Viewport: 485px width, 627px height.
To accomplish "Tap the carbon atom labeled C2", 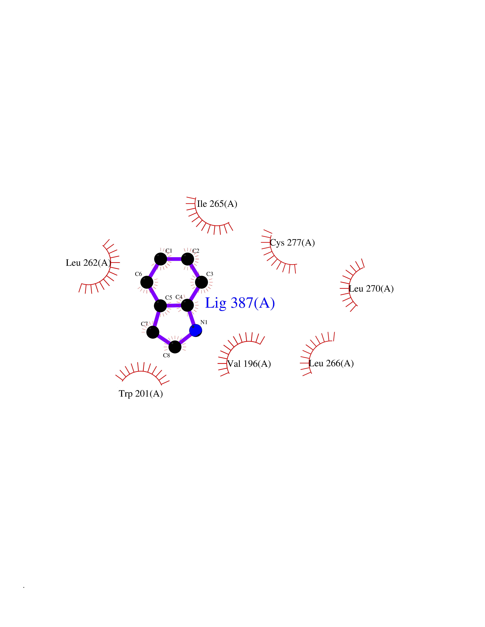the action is (x=188, y=259).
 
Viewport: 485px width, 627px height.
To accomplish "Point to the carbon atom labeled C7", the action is (x=153, y=332).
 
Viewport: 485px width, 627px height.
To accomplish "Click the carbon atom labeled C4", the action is (x=187, y=305).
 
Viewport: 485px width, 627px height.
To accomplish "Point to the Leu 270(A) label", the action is (x=371, y=289).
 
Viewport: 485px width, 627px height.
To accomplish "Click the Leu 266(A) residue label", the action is (x=331, y=363).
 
